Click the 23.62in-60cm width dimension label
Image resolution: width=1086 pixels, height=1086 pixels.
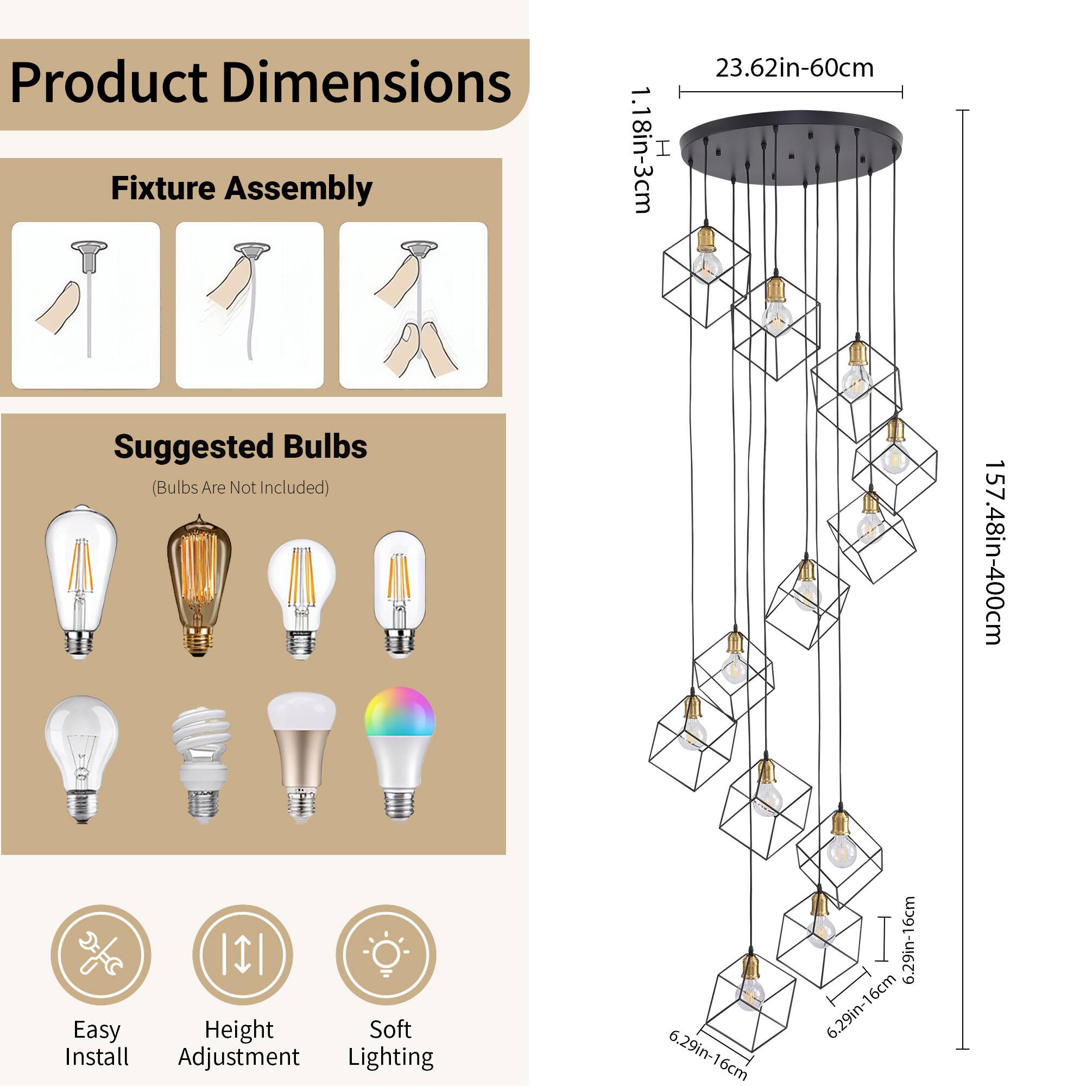point(794,68)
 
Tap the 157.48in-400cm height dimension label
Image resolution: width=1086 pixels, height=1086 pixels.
point(993,552)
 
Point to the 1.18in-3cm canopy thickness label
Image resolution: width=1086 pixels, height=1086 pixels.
point(641,150)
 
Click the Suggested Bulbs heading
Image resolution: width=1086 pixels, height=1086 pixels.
point(241,447)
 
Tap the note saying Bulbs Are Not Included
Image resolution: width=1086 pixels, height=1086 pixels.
point(241,488)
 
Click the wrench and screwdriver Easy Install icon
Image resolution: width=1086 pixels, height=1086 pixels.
point(100,955)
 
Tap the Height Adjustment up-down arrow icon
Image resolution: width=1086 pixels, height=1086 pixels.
point(242,955)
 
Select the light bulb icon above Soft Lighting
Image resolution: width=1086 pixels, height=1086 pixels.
point(386,955)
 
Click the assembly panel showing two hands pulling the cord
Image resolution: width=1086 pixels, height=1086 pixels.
point(413,305)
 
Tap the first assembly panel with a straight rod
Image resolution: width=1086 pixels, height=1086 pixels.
point(86,305)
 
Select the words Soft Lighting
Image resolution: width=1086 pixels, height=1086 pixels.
point(390,1043)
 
